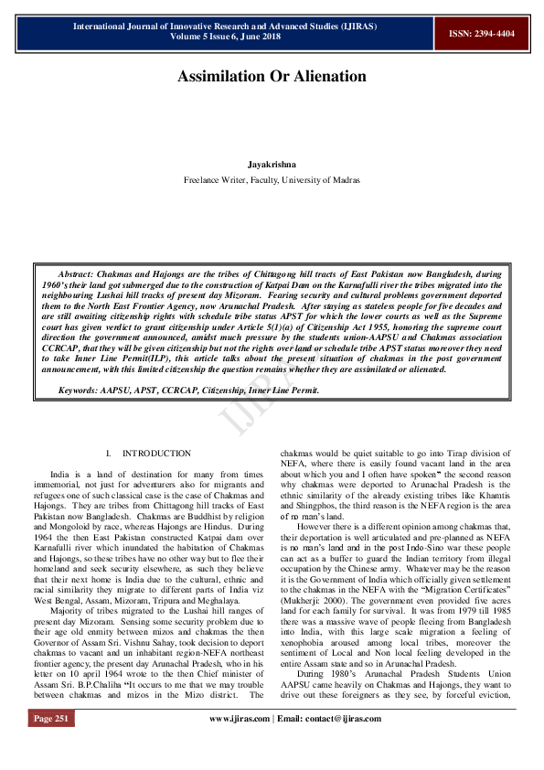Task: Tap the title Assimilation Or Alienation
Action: pos(272,76)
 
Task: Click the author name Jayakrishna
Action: pos(272,165)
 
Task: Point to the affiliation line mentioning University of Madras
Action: pos(272,180)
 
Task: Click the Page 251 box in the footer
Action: pos(51,745)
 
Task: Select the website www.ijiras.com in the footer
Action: pos(240,745)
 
